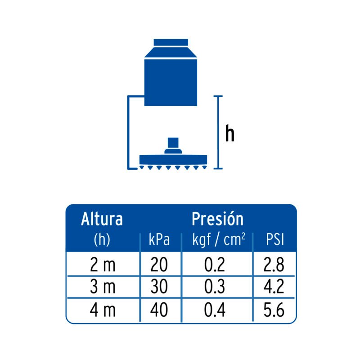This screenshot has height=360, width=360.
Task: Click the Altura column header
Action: tap(102, 219)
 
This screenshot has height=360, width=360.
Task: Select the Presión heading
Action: tap(217, 219)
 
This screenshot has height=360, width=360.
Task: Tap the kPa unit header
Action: tap(159, 240)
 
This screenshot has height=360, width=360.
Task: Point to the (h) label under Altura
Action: tap(102, 240)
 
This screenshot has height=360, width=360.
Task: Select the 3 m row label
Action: tap(103, 288)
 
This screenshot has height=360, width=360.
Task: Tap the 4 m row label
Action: tap(103, 310)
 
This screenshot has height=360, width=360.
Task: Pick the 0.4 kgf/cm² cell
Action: tap(214, 310)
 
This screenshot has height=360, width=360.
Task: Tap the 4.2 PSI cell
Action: tap(274, 288)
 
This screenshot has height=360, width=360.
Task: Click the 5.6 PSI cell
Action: tap(274, 310)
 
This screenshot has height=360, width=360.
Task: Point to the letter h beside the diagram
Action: tap(230, 134)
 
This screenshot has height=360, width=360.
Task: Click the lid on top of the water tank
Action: tap(171, 42)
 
